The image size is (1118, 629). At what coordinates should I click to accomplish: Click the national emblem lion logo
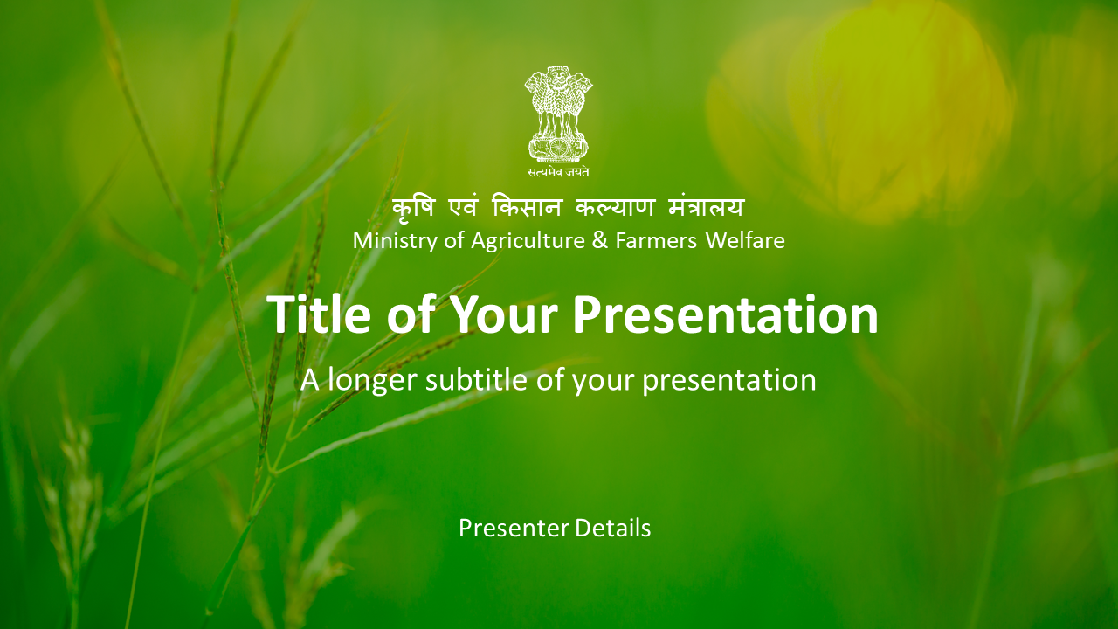558,114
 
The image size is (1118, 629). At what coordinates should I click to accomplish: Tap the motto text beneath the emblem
558,172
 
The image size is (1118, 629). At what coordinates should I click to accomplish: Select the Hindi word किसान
527,207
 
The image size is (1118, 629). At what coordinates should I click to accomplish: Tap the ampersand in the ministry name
600,240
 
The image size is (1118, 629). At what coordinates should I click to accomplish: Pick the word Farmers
656,240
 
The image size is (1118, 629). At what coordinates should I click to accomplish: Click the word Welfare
745,240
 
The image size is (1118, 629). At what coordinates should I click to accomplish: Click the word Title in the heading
319,314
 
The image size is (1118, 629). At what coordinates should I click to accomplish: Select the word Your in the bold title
504,315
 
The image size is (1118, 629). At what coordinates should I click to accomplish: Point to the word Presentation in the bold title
725,314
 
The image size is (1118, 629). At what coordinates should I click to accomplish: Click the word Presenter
514,529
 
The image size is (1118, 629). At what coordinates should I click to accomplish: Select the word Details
613,528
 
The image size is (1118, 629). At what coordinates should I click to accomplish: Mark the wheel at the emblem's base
558,148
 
